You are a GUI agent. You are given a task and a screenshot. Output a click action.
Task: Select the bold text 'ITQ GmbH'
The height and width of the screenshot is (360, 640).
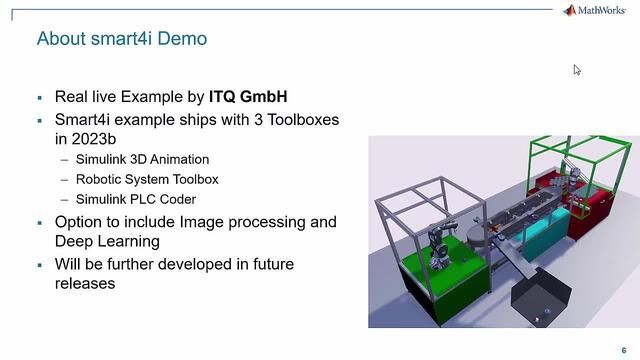coord(248,97)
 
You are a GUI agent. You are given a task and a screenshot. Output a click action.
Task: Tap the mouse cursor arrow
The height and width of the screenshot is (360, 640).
coord(576,69)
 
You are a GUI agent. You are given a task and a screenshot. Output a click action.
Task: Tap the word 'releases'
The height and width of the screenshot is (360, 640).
coord(85,283)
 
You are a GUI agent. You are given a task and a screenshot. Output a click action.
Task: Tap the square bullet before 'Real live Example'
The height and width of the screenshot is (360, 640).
coord(39,98)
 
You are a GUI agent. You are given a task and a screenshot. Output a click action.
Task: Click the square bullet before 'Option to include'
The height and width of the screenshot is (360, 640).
coord(39,222)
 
